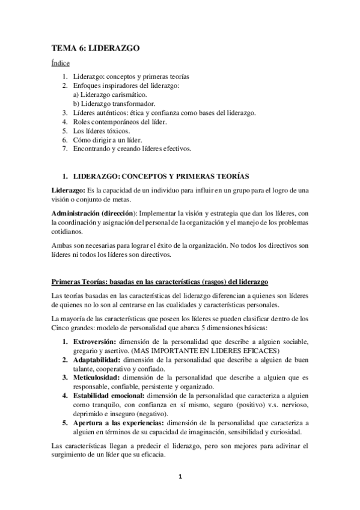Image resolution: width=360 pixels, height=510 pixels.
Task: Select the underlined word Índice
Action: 60,63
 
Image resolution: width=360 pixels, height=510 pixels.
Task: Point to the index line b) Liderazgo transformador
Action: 113,103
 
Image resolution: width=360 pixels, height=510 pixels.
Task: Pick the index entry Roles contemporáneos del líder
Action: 120,121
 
